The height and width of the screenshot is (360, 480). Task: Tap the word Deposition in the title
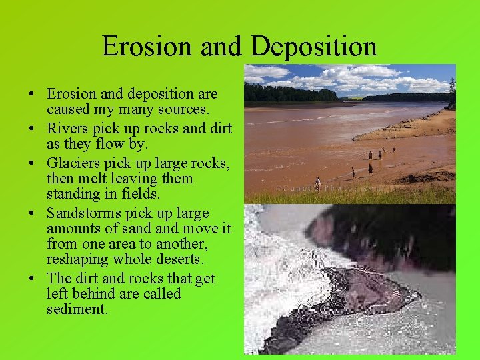point(314,46)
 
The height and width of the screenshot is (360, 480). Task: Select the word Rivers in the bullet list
point(65,129)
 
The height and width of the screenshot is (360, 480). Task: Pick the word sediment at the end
point(77,309)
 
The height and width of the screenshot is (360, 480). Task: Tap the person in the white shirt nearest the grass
point(318,182)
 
